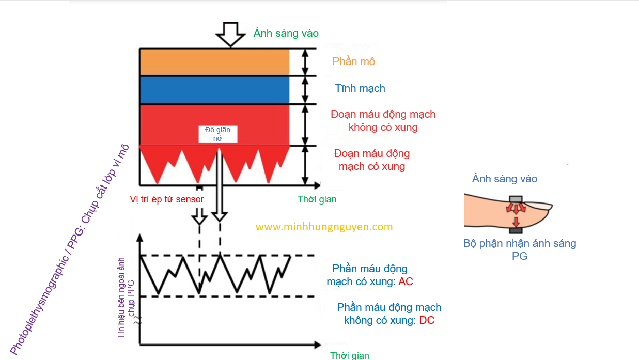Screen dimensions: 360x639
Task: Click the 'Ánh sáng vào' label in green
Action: coord(286,33)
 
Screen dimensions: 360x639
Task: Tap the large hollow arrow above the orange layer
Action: coord(230,34)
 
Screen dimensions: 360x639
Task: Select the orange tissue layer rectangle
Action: coord(214,62)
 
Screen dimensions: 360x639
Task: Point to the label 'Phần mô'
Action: coord(353,61)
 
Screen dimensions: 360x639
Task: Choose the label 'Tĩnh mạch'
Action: coord(360,88)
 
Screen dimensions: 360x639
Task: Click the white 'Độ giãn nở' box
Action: coord(217,134)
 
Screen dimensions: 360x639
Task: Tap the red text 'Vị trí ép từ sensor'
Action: coord(166,199)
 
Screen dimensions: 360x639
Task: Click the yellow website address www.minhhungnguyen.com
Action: coord(324,227)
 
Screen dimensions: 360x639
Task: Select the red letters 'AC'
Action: coord(406,282)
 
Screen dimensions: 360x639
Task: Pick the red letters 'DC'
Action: coord(427,320)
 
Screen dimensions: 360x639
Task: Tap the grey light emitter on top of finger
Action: coord(516,199)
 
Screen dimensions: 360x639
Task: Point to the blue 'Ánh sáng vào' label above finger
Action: coord(504,179)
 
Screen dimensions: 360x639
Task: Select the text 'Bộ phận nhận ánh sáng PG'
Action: coord(520,249)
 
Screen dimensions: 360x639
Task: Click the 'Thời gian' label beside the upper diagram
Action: coord(317,199)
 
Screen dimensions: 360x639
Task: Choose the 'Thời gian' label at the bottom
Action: coord(350,355)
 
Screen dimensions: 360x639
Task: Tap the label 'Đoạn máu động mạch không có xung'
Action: coord(382,120)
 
